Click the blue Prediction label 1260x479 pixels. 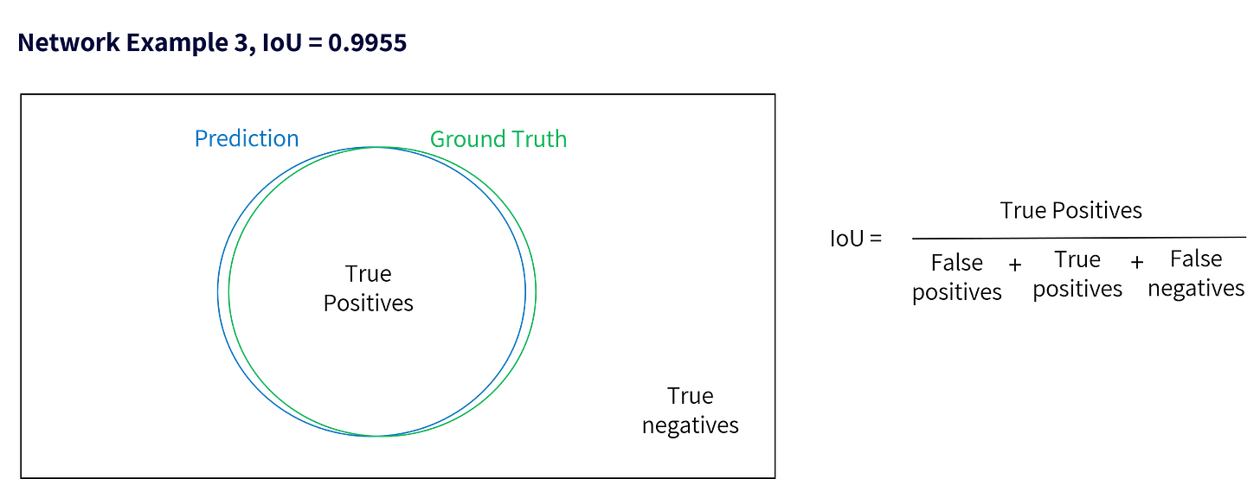[x=247, y=139]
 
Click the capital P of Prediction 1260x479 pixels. [x=199, y=139]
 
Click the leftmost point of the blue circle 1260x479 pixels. [x=216, y=291]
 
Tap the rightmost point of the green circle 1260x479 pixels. [x=537, y=291]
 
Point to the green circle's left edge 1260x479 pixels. [x=228, y=291]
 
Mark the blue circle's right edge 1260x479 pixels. [x=524, y=291]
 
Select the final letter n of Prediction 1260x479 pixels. [x=294, y=140]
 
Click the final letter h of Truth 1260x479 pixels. [x=561, y=139]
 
